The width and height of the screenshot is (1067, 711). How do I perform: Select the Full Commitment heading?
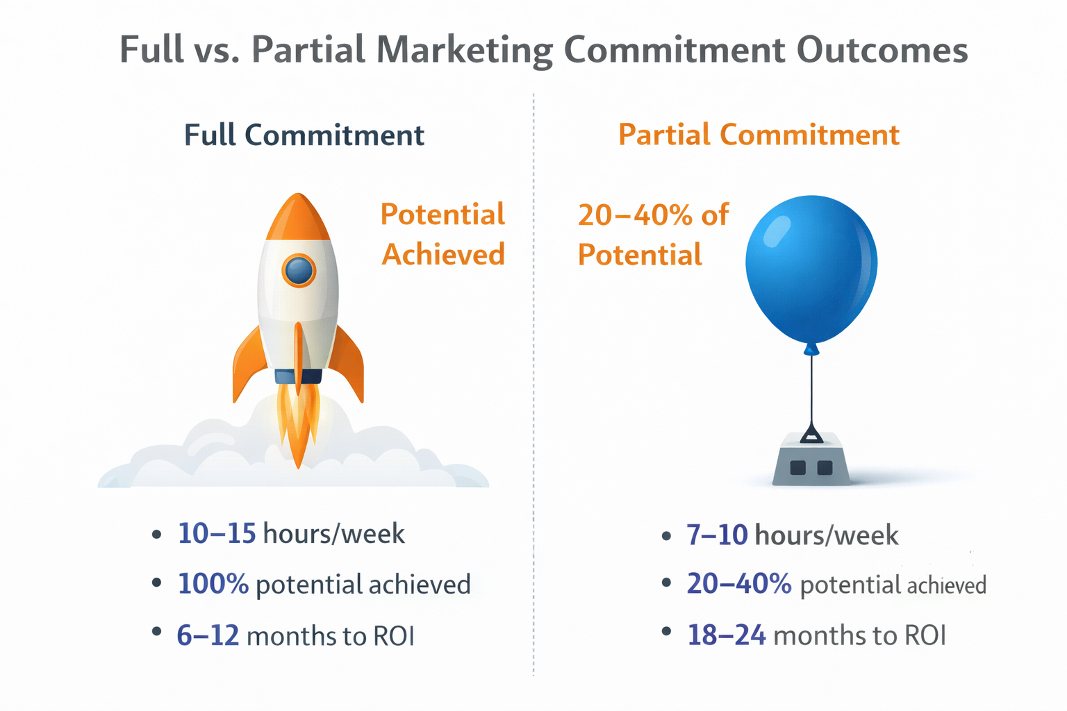(x=304, y=135)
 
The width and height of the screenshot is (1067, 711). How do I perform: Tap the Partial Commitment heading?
(x=759, y=135)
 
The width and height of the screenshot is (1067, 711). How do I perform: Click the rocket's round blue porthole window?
(x=299, y=270)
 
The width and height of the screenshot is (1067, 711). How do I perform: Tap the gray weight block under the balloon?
(x=811, y=462)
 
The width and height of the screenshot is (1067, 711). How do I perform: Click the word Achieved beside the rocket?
(x=443, y=255)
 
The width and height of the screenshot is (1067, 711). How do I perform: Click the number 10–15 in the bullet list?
(x=217, y=533)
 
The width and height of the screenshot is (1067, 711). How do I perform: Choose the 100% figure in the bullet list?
(x=213, y=584)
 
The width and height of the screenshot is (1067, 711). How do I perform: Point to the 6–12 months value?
(x=208, y=635)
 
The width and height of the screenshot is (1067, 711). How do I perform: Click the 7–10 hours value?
(x=717, y=535)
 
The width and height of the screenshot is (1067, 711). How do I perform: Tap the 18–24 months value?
(x=726, y=635)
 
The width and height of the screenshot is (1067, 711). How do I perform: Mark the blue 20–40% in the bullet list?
(x=738, y=584)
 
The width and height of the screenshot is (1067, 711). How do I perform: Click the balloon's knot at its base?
(x=811, y=349)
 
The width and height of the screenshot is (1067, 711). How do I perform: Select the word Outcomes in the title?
(x=882, y=51)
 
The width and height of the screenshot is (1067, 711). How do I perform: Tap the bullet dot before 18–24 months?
(x=667, y=632)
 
